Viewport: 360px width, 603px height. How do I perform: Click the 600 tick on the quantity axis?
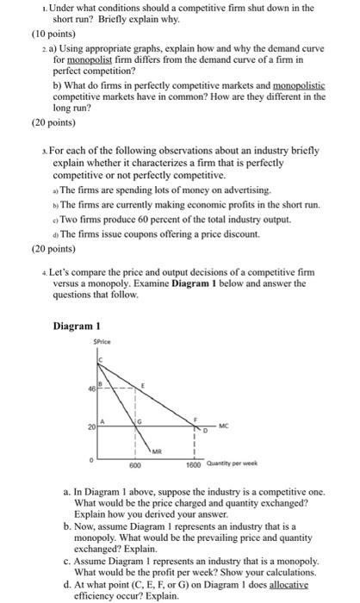[x=135, y=465]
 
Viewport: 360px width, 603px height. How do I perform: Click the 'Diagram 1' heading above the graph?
[x=77, y=326]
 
